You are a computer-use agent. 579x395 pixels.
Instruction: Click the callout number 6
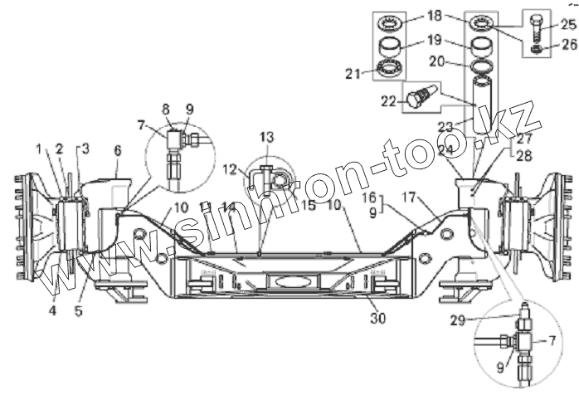point(118,150)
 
